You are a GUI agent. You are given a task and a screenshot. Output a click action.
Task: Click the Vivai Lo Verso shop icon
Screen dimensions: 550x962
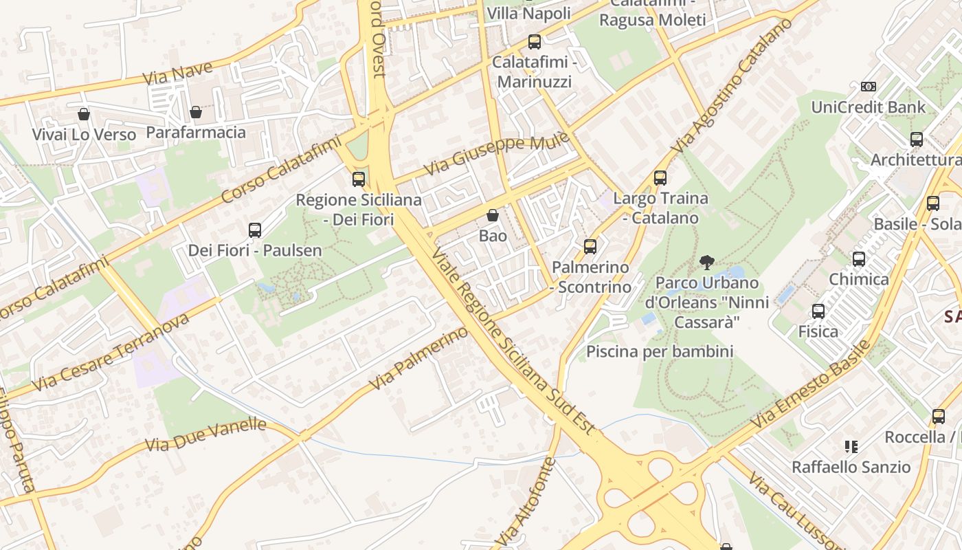click(x=84, y=113)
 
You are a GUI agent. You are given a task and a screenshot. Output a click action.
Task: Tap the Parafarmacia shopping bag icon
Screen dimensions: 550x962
click(x=196, y=111)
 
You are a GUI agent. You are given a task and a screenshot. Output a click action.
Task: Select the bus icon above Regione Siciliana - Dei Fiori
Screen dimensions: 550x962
click(x=358, y=179)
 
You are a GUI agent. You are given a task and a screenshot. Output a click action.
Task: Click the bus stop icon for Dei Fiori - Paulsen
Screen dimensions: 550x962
click(x=255, y=230)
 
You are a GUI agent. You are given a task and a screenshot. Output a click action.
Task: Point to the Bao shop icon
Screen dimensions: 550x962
click(x=493, y=215)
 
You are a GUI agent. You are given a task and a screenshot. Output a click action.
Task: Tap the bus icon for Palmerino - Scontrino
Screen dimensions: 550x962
click(x=590, y=246)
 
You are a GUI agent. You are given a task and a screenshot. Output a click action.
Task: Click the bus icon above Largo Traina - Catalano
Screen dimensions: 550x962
click(x=660, y=178)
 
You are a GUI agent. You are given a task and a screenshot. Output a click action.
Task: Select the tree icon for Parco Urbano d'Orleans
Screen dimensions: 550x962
click(x=706, y=262)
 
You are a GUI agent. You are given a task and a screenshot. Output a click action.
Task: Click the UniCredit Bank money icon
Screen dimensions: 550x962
click(x=869, y=87)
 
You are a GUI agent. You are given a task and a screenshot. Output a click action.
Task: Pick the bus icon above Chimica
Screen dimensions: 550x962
click(x=859, y=259)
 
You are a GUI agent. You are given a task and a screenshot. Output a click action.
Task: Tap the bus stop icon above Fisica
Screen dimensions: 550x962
click(x=818, y=311)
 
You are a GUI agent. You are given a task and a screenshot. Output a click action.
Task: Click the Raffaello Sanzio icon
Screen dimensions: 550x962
click(x=851, y=447)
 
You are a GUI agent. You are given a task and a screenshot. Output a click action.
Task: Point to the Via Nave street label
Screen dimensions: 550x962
click(x=178, y=72)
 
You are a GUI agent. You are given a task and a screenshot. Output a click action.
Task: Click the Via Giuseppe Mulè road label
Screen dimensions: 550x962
click(x=496, y=154)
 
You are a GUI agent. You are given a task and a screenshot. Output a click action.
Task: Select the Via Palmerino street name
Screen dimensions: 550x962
click(x=418, y=358)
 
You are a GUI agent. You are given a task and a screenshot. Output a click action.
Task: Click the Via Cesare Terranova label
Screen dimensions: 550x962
click(x=111, y=351)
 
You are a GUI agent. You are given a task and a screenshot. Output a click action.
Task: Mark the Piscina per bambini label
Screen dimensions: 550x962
click(x=660, y=352)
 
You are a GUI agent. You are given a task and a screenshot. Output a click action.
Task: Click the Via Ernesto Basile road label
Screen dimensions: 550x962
click(x=812, y=386)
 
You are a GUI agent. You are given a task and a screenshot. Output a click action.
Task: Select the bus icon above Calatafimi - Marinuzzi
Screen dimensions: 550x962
click(x=535, y=42)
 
